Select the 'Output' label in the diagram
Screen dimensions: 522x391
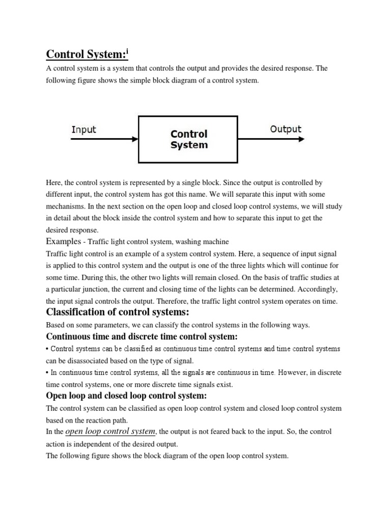tap(286, 129)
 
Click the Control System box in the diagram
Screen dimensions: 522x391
tap(188, 139)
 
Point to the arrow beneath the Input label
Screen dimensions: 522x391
tap(104, 139)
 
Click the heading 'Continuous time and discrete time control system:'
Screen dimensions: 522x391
tap(142, 337)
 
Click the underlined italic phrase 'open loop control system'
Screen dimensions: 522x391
tap(110, 431)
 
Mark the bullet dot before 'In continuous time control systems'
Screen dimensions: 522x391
tap(48, 373)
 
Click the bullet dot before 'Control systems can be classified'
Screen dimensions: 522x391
tap(48, 349)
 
